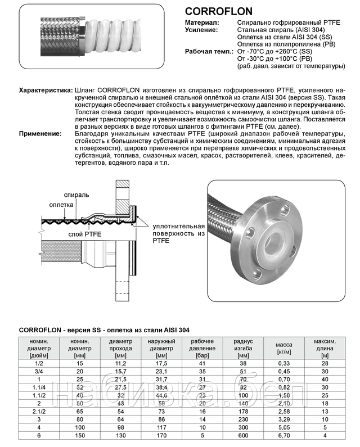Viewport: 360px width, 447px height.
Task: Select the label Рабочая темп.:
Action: (209, 51)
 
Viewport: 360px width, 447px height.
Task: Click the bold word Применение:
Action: (40, 133)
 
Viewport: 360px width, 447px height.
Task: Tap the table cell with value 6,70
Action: (283, 435)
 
